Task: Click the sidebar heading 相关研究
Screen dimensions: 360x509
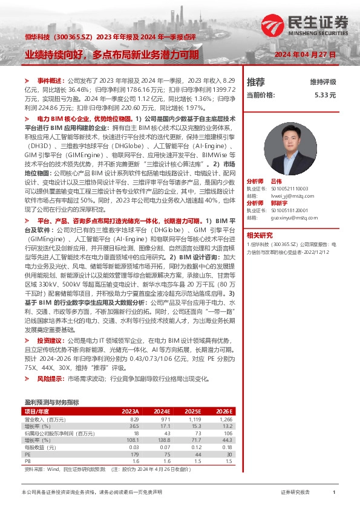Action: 259,235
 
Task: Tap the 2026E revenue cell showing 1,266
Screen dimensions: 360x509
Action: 225,419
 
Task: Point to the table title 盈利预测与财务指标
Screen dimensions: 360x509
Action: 51,402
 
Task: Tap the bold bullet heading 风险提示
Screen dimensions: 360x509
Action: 50,378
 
